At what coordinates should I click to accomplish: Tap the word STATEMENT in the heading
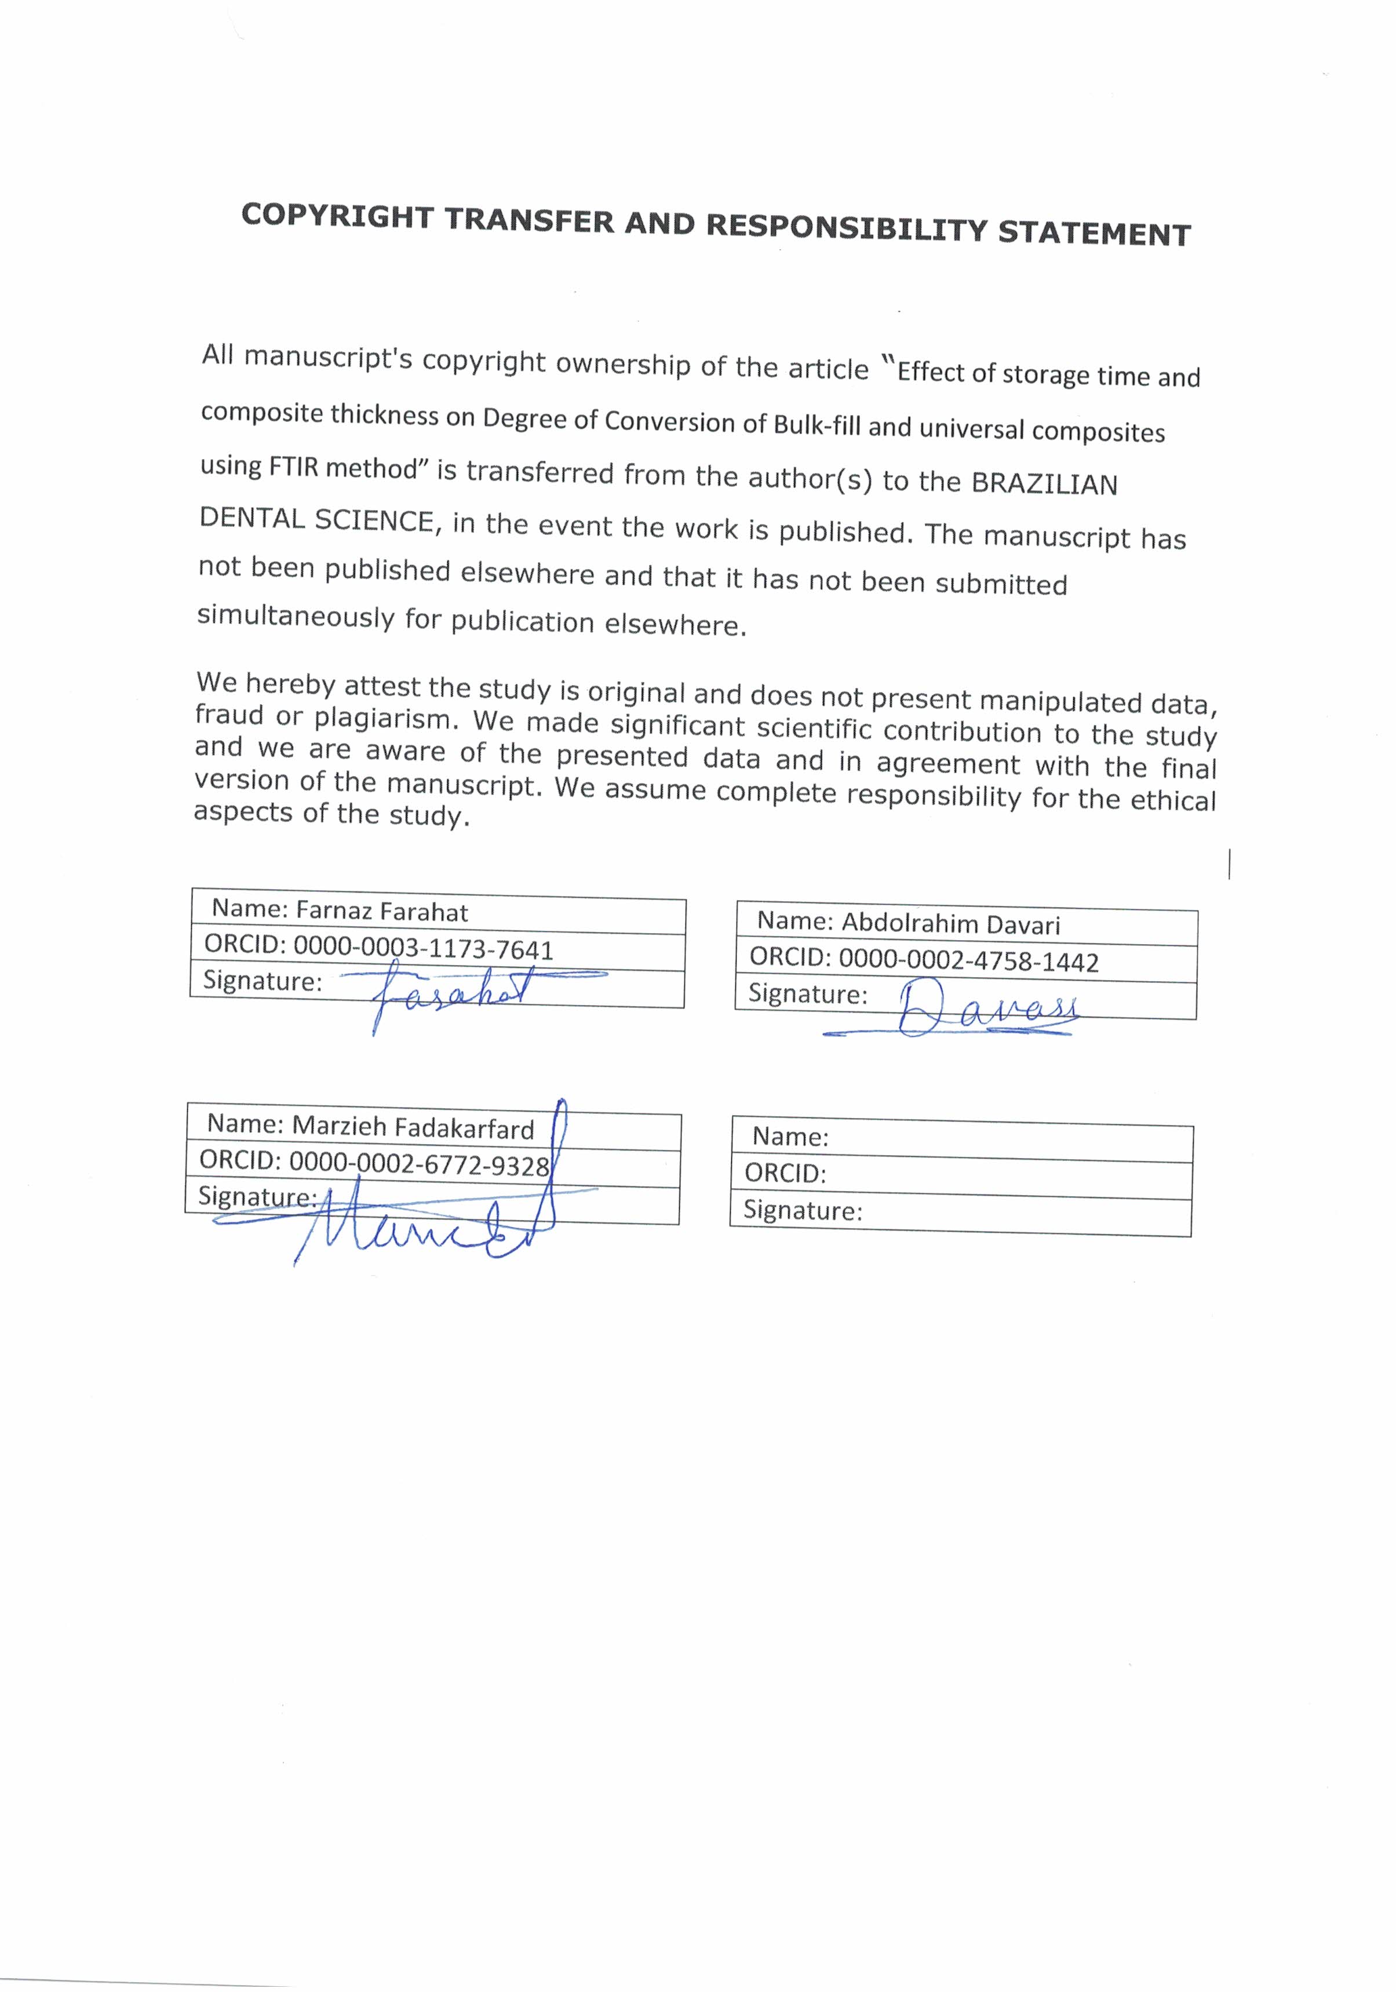point(1094,234)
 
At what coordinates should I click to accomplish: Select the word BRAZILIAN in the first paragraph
point(1044,483)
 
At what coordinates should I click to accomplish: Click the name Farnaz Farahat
point(382,911)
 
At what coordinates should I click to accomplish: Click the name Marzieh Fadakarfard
point(413,1127)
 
